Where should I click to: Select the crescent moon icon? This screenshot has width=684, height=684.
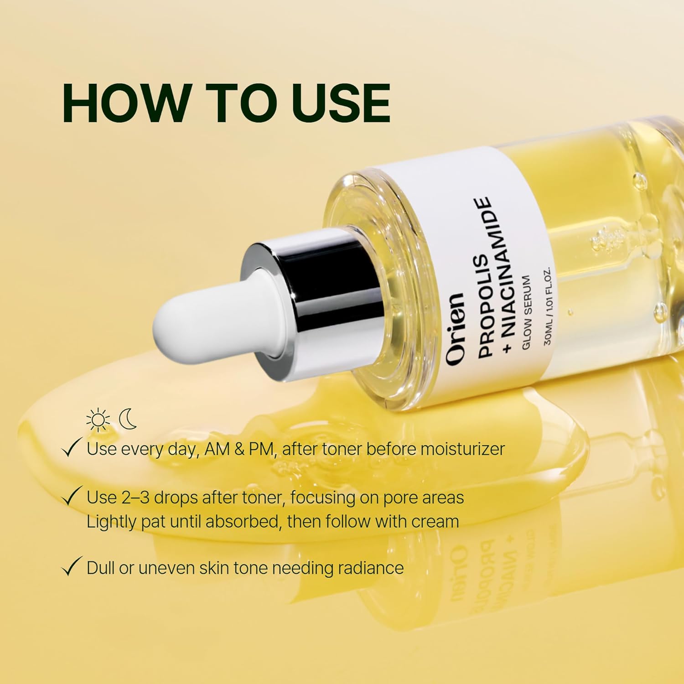[x=128, y=420]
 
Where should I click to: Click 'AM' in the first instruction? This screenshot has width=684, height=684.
[x=218, y=449]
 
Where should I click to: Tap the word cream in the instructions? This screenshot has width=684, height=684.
[x=435, y=522]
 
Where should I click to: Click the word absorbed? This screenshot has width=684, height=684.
[x=242, y=521]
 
